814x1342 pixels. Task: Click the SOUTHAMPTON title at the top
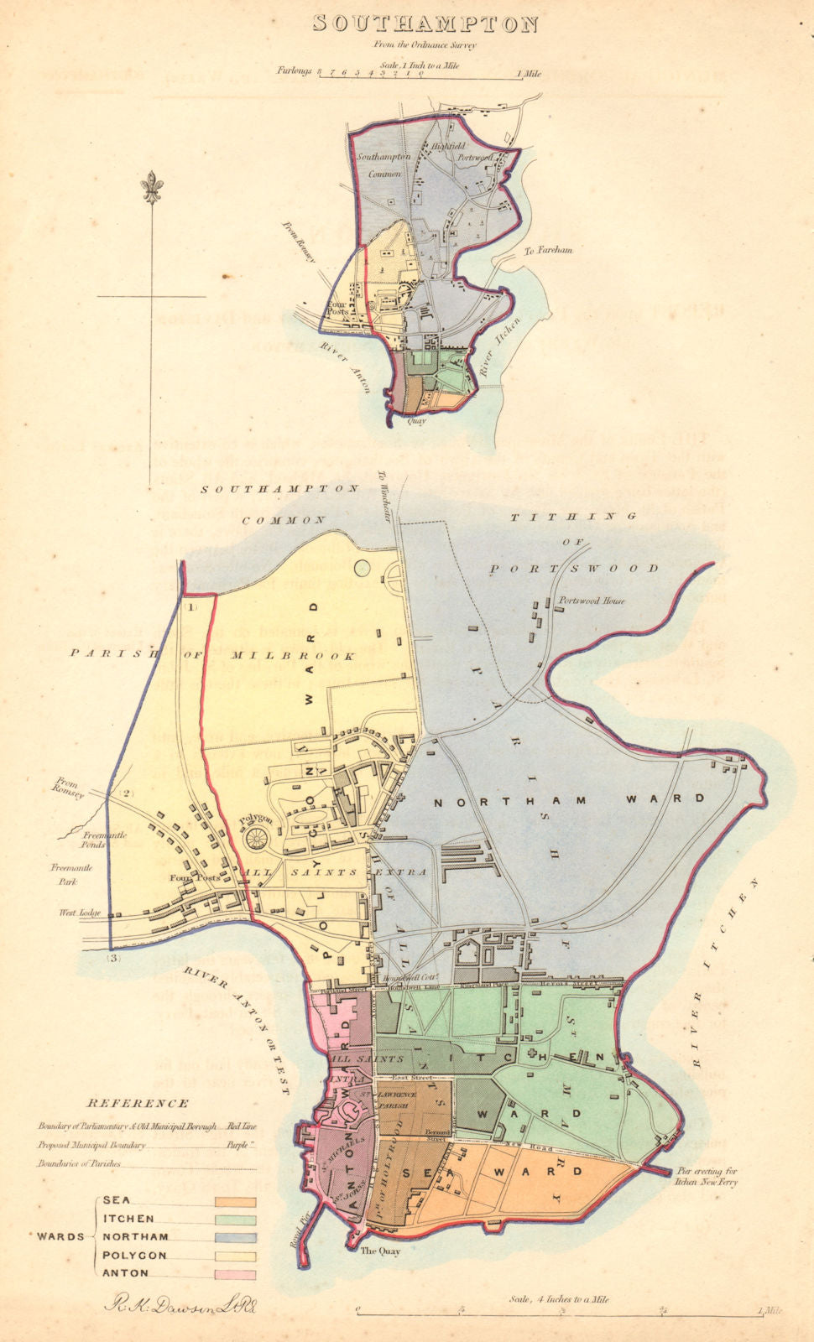(x=425, y=23)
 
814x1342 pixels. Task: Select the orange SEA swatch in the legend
(x=235, y=1202)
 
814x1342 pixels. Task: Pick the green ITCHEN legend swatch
(x=235, y=1220)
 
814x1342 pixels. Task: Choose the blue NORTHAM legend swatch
(x=235, y=1237)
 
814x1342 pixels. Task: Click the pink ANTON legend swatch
(x=235, y=1274)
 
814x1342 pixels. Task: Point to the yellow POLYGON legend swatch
(x=235, y=1256)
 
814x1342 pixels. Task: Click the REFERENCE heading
(x=138, y=1104)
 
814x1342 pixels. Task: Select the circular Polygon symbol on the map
(x=254, y=836)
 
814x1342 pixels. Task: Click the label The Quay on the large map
(x=380, y=1251)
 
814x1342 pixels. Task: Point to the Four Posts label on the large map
(x=189, y=878)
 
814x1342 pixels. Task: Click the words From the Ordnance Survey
(x=425, y=44)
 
